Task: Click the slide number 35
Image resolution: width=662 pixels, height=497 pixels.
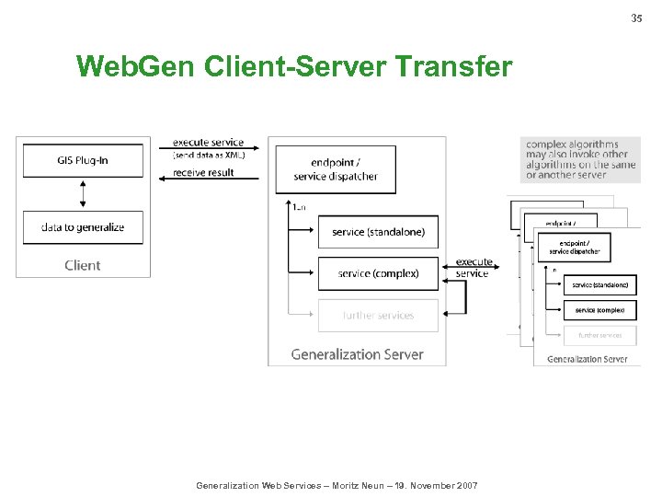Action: click(x=636, y=18)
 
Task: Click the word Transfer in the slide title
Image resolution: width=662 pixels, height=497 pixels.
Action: click(x=452, y=66)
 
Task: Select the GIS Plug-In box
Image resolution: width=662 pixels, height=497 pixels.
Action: click(x=83, y=160)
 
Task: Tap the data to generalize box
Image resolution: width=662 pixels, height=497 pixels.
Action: click(x=83, y=227)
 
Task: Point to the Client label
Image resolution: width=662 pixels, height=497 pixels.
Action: click(x=83, y=265)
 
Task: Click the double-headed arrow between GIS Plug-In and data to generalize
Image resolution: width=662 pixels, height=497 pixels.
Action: click(x=83, y=194)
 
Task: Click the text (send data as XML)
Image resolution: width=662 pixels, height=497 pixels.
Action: click(x=209, y=155)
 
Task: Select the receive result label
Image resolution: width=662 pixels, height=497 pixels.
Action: click(x=203, y=172)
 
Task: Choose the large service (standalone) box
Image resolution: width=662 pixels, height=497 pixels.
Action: click(x=378, y=232)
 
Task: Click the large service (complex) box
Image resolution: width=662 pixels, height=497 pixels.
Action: click(x=378, y=273)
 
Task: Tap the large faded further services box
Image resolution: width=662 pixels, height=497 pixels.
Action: click(x=378, y=315)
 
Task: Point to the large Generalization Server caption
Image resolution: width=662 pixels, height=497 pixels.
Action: click(x=357, y=354)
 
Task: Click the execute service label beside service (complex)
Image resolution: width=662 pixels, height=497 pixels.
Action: click(x=473, y=268)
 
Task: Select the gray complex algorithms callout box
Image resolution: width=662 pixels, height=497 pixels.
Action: click(x=580, y=159)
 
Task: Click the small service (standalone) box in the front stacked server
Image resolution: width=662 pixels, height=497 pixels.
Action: click(x=599, y=286)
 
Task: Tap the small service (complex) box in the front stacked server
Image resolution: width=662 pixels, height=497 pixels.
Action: click(x=599, y=310)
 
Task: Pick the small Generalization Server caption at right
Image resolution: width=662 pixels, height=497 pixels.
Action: click(x=587, y=359)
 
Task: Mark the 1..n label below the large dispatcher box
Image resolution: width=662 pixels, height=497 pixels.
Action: click(x=299, y=207)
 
